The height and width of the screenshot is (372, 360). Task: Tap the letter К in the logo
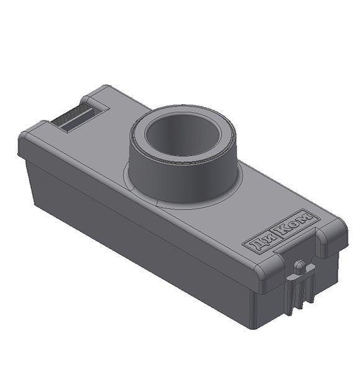(286, 231)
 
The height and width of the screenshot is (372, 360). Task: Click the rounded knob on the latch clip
(300, 267)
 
